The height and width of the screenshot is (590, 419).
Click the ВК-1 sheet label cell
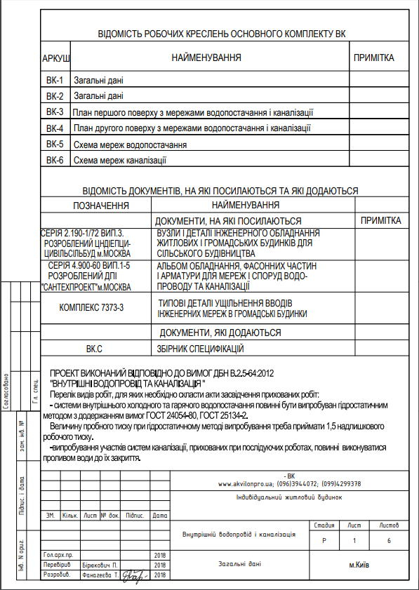[55, 80]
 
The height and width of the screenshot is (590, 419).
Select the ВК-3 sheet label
[55, 112]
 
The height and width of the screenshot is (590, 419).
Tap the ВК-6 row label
[55, 161]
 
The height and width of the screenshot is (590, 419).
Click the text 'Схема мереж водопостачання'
[130, 145]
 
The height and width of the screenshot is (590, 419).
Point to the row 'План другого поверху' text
[192, 128]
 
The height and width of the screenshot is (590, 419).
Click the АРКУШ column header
[56, 58]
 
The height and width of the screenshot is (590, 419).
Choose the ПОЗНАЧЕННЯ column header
[101, 206]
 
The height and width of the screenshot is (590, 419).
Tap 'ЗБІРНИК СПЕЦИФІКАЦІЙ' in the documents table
[200, 348]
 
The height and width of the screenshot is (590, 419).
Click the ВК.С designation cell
[94, 348]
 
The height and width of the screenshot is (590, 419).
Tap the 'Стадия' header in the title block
[324, 525]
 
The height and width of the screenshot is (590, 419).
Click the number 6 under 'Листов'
[389, 541]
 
